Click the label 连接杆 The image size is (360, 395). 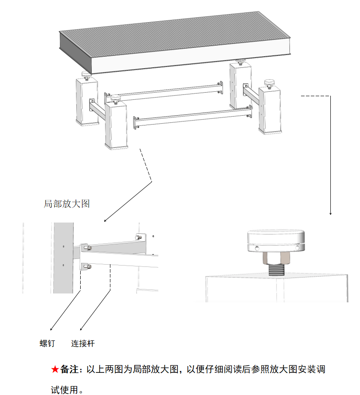pyautogui.click(x=83, y=343)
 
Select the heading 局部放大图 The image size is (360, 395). pyautogui.click(x=67, y=203)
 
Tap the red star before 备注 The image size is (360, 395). pyautogui.click(x=55, y=369)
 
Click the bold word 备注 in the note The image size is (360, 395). pyautogui.click(x=69, y=369)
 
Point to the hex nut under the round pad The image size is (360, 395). pyautogui.click(x=276, y=258)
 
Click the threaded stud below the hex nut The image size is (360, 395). pyautogui.click(x=276, y=270)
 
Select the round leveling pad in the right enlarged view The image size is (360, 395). pyautogui.click(x=277, y=241)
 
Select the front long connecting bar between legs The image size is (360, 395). pyautogui.click(x=191, y=117)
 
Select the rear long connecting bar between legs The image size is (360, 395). pyautogui.click(x=164, y=90)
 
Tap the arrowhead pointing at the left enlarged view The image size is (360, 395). pyautogui.click(x=105, y=220)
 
